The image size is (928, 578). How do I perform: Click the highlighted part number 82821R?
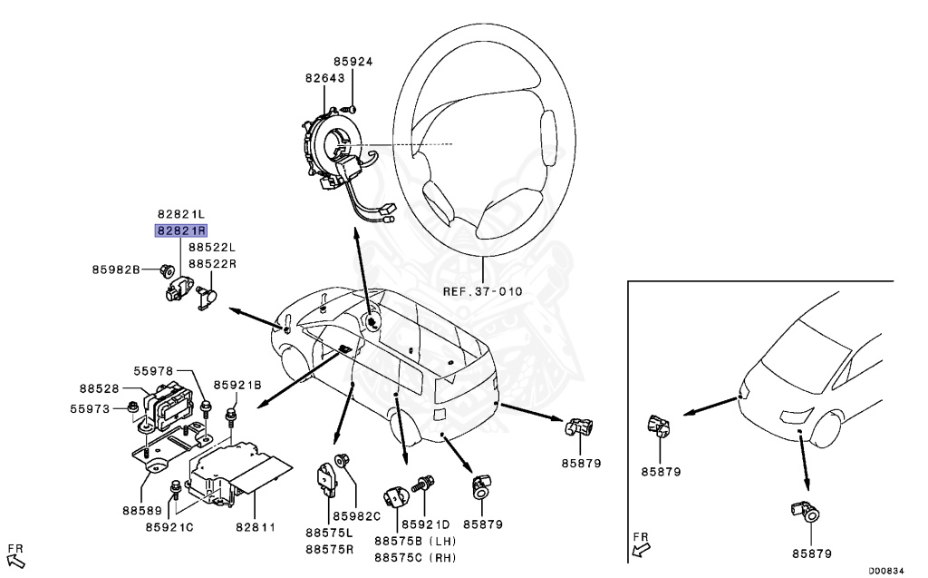(182, 230)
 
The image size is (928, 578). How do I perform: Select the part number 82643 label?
(324, 78)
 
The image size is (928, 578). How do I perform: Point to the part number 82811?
(256, 525)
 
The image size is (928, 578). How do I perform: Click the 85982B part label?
(116, 269)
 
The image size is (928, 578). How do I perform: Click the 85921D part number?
(426, 524)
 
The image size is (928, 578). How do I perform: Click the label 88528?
(97, 388)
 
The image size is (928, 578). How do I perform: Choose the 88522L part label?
(212, 247)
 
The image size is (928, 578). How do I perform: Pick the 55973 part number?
(91, 408)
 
